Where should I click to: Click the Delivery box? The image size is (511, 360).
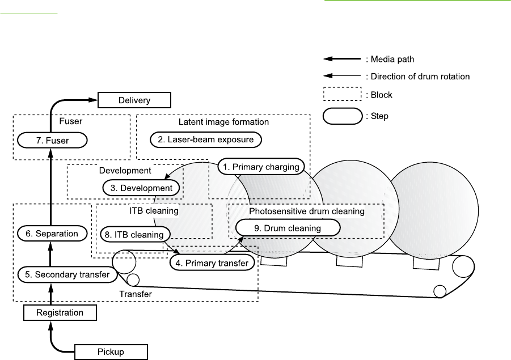(134, 100)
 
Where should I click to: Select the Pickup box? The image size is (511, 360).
(111, 352)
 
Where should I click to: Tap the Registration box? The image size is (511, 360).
(60, 312)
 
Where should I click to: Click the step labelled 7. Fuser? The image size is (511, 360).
(52, 139)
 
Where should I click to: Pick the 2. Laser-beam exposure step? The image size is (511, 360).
(206, 139)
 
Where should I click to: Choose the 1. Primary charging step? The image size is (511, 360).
(261, 167)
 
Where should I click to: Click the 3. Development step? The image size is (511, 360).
(141, 188)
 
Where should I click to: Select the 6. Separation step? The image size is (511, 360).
(48, 233)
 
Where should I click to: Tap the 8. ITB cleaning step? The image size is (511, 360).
(134, 234)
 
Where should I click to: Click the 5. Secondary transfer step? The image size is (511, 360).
(64, 274)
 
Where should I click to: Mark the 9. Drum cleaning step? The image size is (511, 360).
(288, 228)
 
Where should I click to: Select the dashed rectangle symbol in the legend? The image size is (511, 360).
(343, 95)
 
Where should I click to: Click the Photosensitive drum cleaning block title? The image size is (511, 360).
(307, 211)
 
